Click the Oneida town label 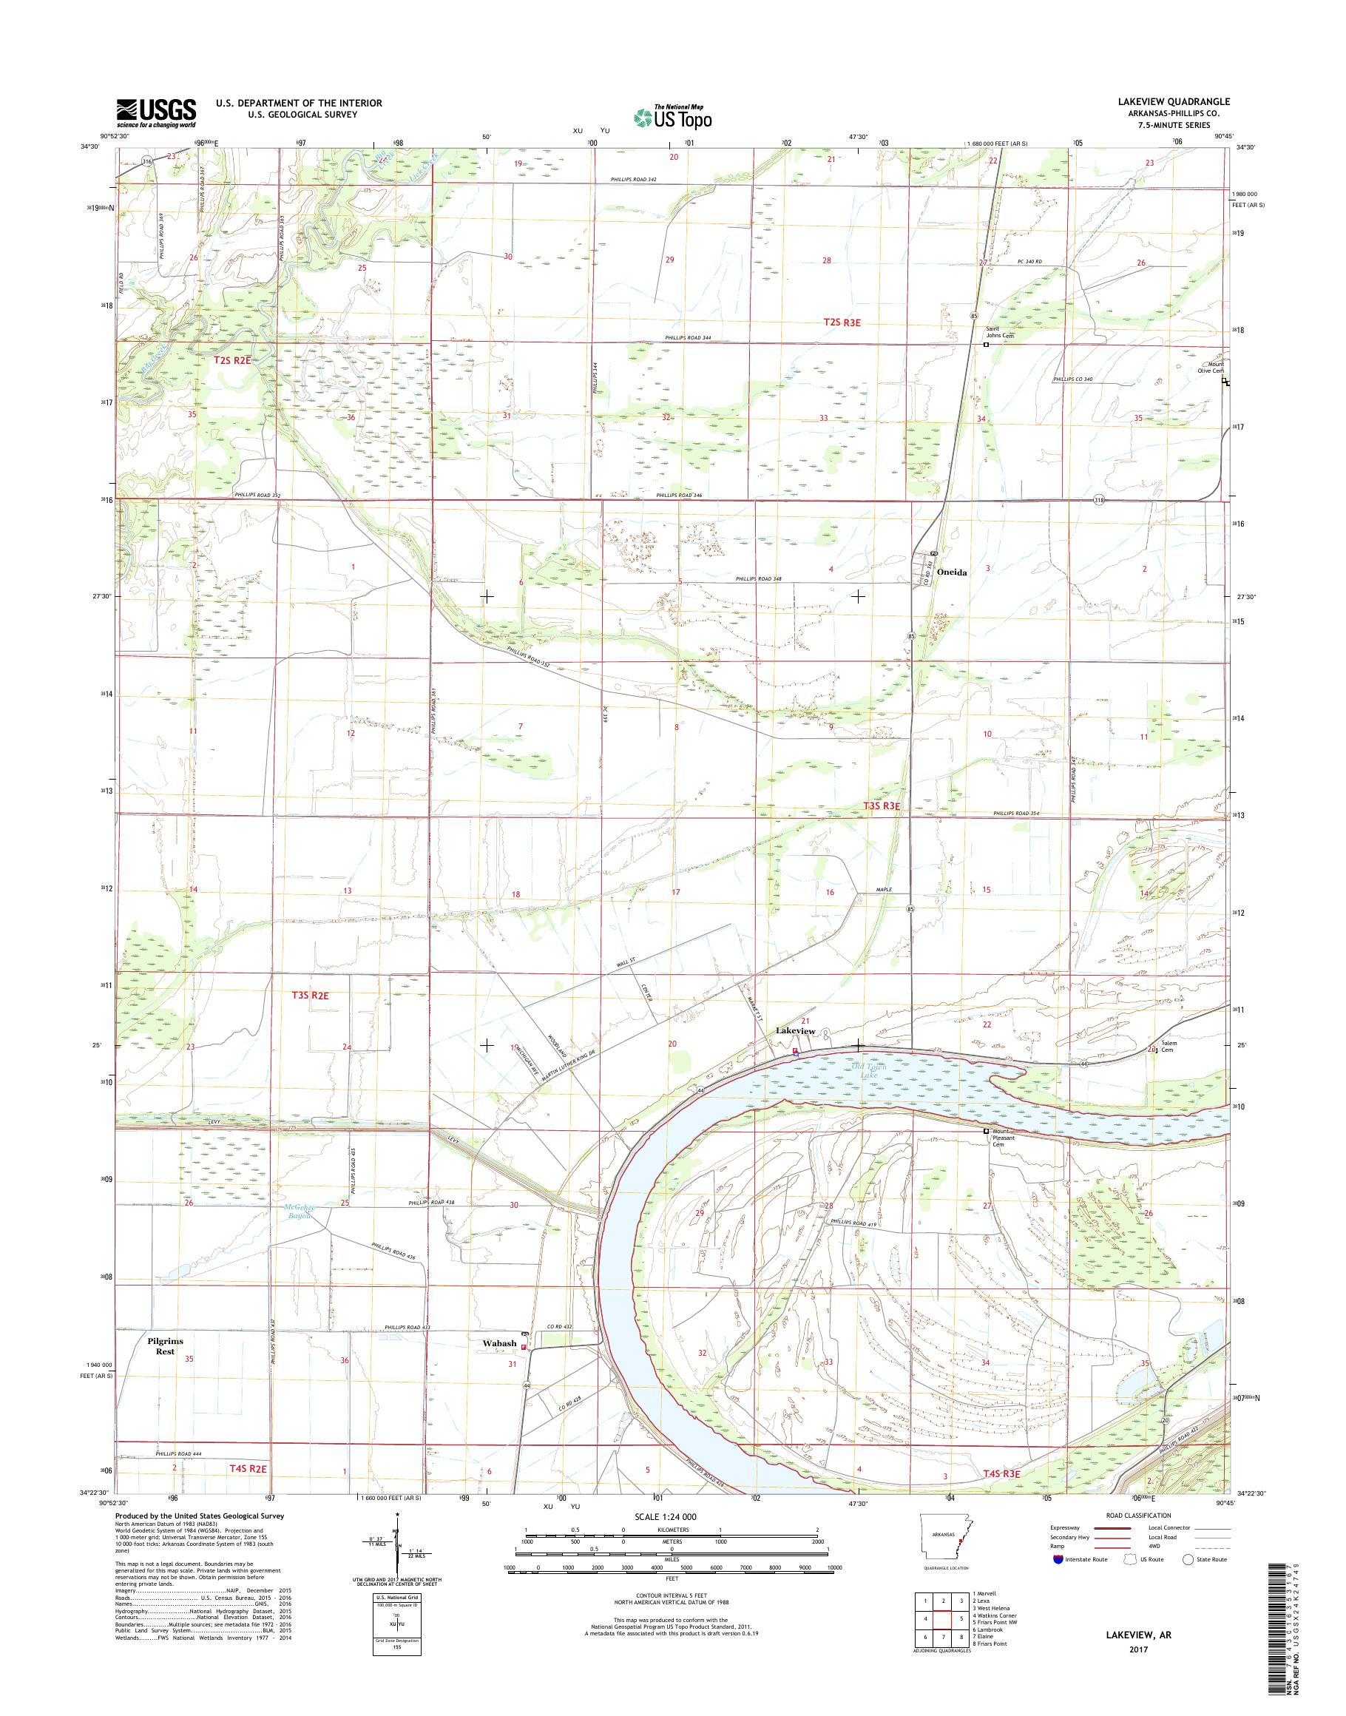[x=951, y=572]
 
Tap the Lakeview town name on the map [x=795, y=1030]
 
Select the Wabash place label [x=501, y=1343]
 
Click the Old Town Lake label [x=865, y=1071]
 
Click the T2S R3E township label [x=842, y=322]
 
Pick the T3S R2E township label [x=309, y=996]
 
